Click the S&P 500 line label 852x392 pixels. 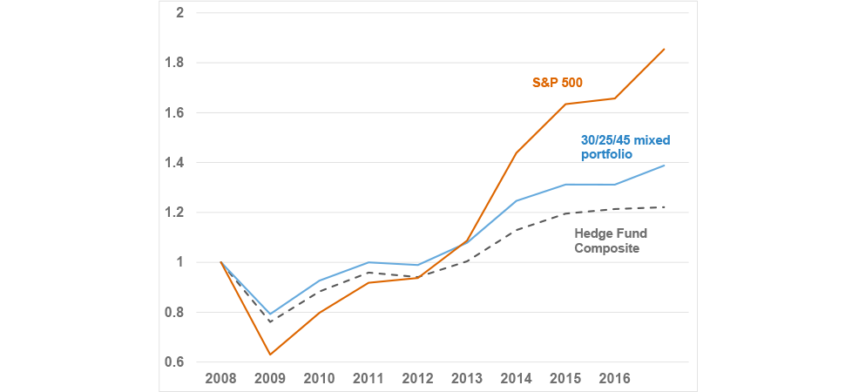point(558,83)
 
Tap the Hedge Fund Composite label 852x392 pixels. point(611,240)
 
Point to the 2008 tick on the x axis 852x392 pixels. point(220,379)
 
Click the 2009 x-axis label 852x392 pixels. point(270,379)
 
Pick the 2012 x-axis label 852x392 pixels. point(418,379)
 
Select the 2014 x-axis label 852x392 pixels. point(517,379)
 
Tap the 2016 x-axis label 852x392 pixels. point(615,379)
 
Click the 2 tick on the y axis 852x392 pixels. point(179,13)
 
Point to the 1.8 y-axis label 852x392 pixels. point(176,63)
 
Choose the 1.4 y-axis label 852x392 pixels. point(176,163)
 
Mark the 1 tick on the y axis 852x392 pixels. point(179,262)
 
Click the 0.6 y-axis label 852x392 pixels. point(176,362)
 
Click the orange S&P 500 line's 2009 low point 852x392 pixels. point(270,355)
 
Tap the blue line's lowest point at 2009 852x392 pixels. point(270,314)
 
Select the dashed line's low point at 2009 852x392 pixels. point(270,322)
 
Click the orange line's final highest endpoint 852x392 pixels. point(665,49)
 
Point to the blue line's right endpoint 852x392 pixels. point(665,166)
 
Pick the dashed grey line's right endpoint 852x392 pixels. point(665,207)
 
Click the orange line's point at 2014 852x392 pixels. point(517,152)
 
